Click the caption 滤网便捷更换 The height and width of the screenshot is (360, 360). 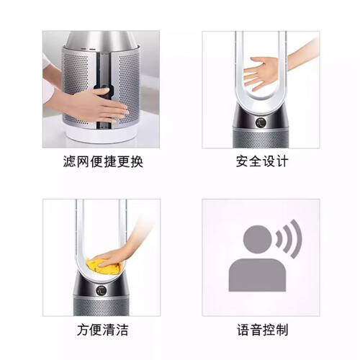pyautogui.click(x=103, y=161)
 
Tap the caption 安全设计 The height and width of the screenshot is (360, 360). pyautogui.click(x=262, y=161)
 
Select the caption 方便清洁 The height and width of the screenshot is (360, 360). pyautogui.click(x=103, y=330)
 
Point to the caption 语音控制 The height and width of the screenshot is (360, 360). pyautogui.click(x=262, y=330)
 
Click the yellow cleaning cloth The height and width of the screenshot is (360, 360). pyautogui.click(x=102, y=267)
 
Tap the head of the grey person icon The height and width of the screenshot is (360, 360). pyautogui.click(x=257, y=239)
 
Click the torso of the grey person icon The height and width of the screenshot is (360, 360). pyautogui.click(x=257, y=275)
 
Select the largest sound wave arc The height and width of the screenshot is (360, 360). pyautogui.click(x=296, y=239)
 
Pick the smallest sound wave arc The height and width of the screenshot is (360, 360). pyautogui.click(x=279, y=239)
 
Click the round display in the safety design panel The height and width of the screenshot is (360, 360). pyautogui.click(x=261, y=122)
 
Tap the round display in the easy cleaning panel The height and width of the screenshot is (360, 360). pyautogui.click(x=102, y=290)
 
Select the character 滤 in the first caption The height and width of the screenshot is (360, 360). pyautogui.click(x=70, y=161)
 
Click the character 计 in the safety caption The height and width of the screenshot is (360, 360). pyautogui.click(x=282, y=161)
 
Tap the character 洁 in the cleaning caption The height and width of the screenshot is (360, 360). pyautogui.click(x=122, y=330)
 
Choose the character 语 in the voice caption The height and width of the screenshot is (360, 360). pyautogui.click(x=243, y=330)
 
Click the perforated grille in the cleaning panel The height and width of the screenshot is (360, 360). pyautogui.click(x=101, y=307)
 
